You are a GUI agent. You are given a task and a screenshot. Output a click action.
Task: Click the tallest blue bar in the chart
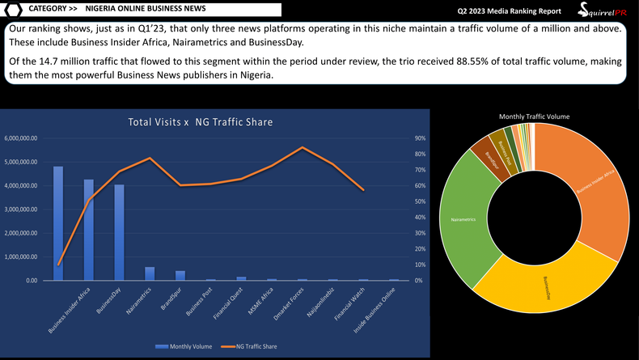pos(58,223)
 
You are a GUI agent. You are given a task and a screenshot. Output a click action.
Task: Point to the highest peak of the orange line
pos(302,147)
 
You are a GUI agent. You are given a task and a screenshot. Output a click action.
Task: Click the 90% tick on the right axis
pos(420,138)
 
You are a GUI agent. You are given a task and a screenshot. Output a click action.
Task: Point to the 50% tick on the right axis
pos(420,201)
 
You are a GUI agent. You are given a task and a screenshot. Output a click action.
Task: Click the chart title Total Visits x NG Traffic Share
pos(200,122)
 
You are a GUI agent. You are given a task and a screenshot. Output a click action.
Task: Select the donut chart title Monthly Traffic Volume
pos(534,116)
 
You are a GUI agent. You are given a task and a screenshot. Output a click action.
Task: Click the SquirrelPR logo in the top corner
pos(603,11)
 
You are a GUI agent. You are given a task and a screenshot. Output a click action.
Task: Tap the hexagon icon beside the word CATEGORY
pos(13,10)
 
